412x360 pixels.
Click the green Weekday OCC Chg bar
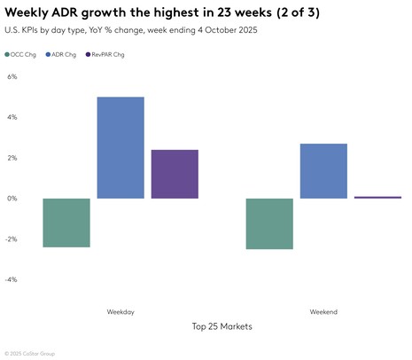pos(66,222)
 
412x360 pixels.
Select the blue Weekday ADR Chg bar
pos(120,147)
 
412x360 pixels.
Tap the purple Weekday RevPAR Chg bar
pos(175,174)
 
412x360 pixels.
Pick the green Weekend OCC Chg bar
pos(268,223)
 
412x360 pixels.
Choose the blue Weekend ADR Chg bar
pos(323,170)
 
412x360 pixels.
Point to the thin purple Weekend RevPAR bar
pos(377,197)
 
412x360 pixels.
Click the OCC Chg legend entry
pos(23,54)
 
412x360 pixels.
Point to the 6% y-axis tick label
pos(12,76)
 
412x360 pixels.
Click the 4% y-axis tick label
pos(12,117)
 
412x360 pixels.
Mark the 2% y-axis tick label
pos(12,158)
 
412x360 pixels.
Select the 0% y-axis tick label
pos(12,199)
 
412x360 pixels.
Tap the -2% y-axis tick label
pos(12,239)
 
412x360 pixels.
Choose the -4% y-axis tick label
pos(12,280)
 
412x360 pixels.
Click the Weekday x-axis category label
pos(120,312)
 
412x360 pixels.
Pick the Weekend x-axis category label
pos(323,312)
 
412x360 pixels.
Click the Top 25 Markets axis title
pos(222,326)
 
